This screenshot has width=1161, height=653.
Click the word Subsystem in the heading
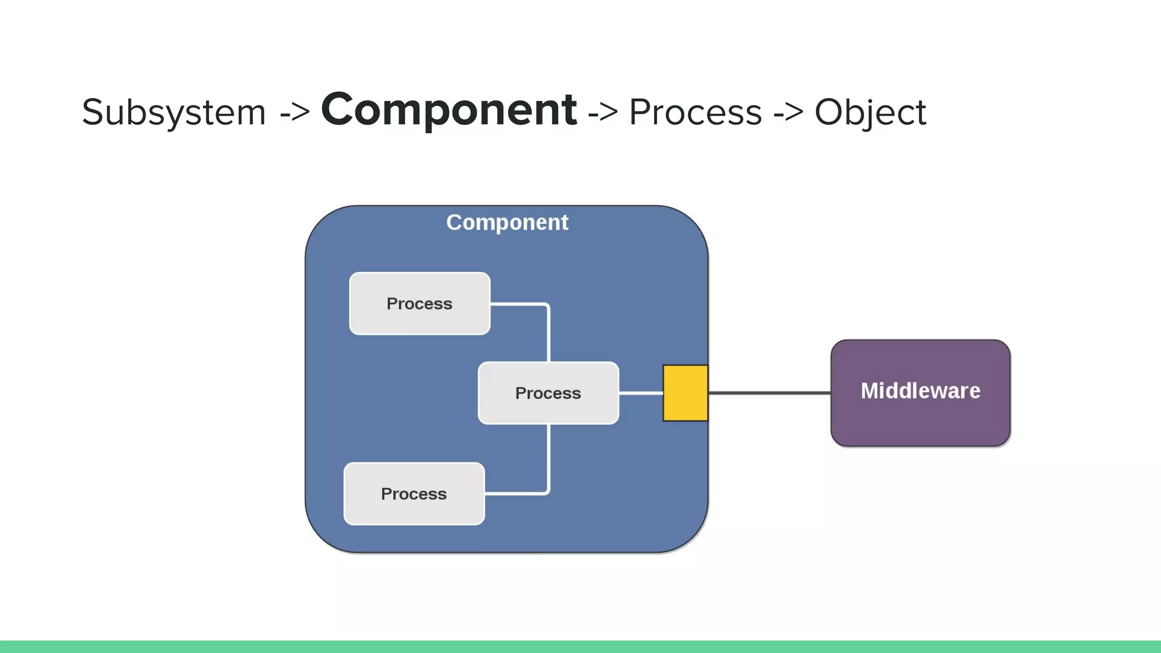click(x=173, y=113)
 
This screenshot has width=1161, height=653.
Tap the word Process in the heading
click(x=696, y=112)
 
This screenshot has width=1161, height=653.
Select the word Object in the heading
click(x=870, y=113)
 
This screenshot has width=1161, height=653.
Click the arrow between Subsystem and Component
click(x=295, y=112)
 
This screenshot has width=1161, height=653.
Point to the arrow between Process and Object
click(x=789, y=112)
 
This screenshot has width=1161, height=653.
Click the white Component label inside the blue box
click(x=507, y=223)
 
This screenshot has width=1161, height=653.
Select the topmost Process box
click(x=420, y=304)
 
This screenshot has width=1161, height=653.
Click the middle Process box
click(x=548, y=393)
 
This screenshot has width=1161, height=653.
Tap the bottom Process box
click(x=414, y=494)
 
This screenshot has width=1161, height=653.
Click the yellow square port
click(x=685, y=393)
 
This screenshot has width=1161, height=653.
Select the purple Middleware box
click(x=920, y=419)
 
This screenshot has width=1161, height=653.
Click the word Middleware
click(x=920, y=391)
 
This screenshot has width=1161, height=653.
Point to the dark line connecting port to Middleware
click(x=769, y=392)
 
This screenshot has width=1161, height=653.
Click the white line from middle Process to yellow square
click(x=641, y=392)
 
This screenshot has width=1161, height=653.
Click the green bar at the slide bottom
click(x=580, y=647)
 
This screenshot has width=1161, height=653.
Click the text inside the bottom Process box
click(x=414, y=494)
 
